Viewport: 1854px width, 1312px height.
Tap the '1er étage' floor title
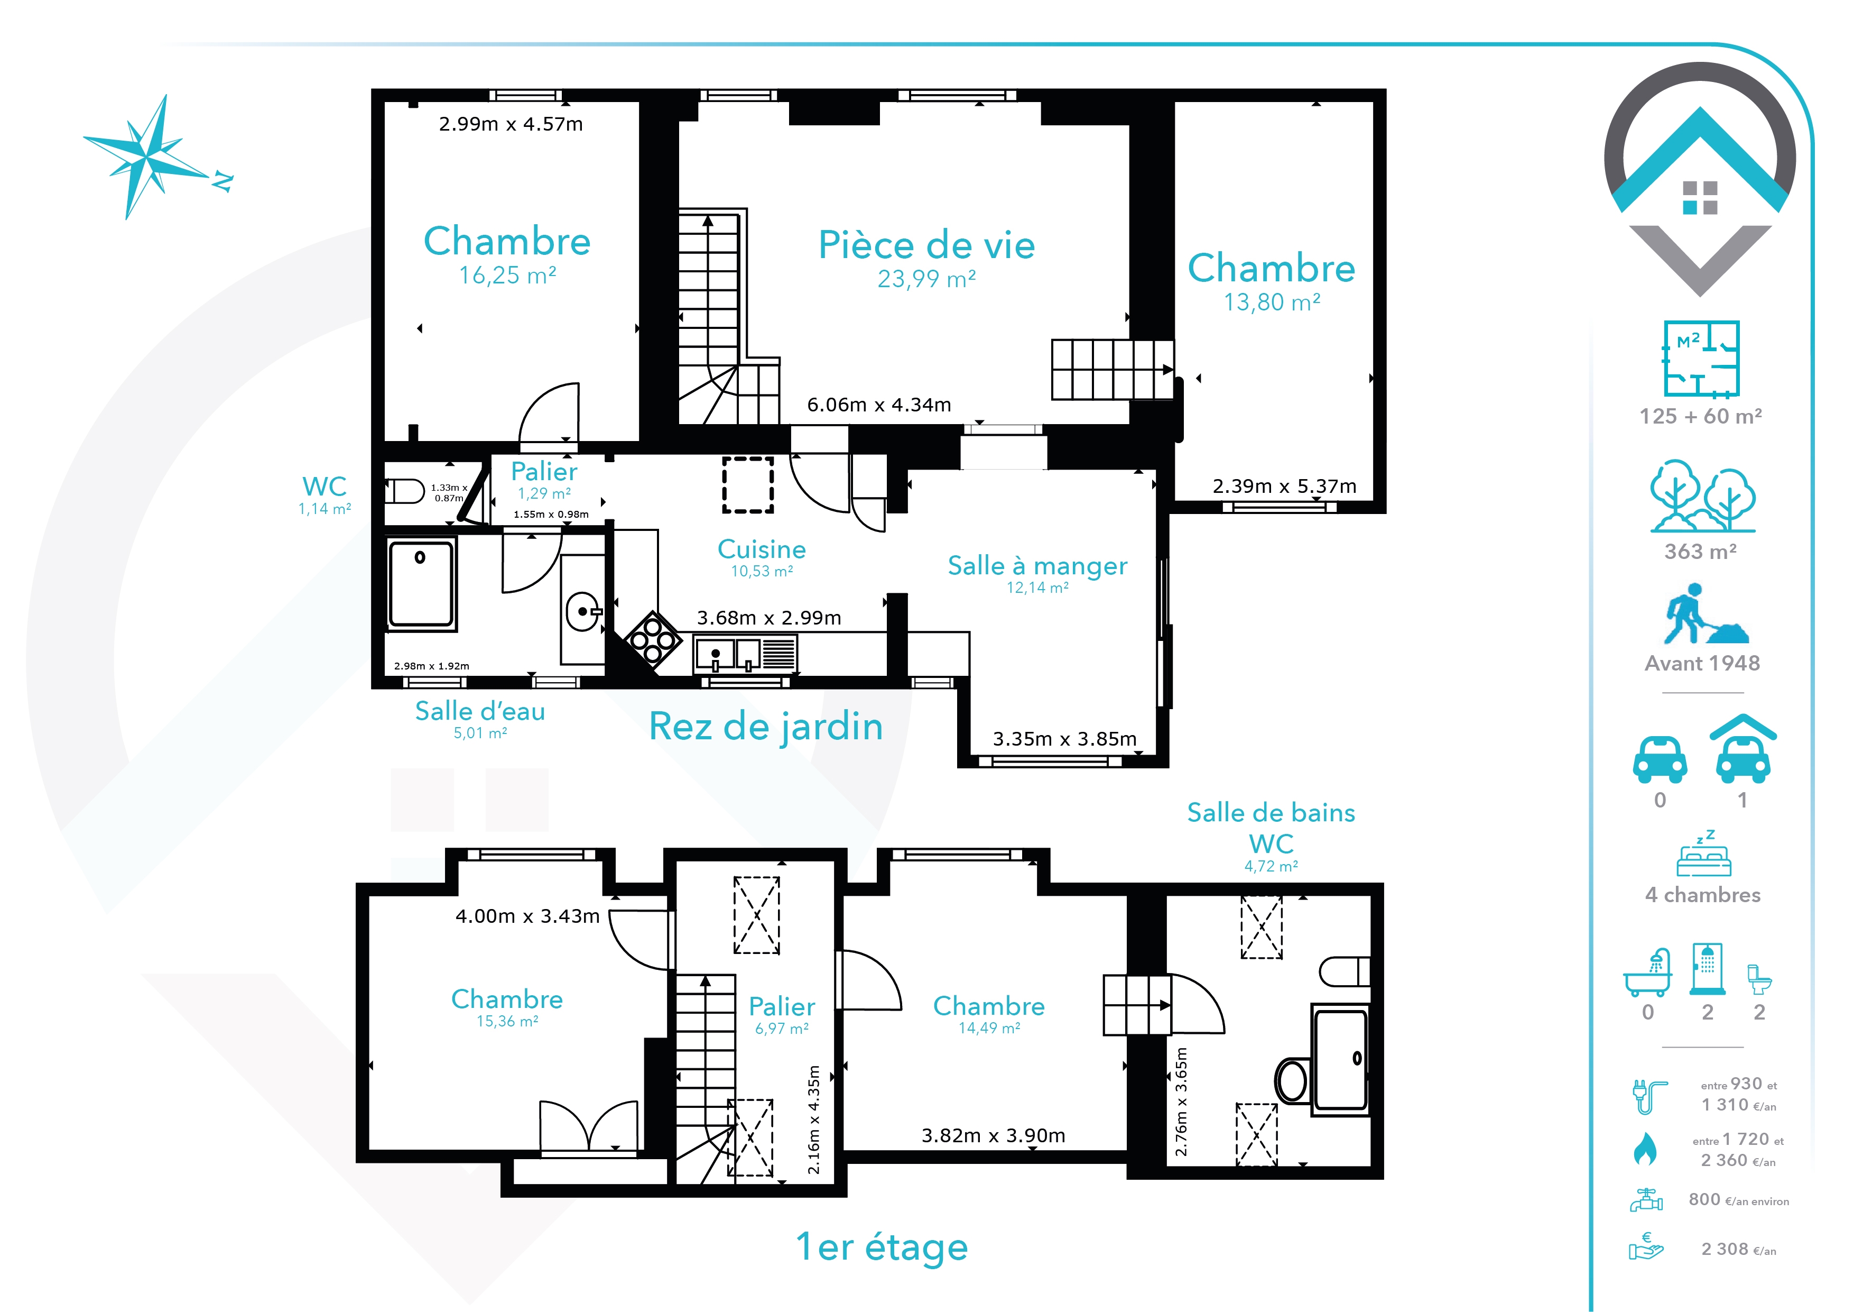pos(882,1246)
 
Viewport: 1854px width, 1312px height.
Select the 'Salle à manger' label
pos(1037,565)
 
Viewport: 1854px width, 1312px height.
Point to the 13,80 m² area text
pos(1272,302)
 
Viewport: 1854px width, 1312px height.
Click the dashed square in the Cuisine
pos(748,485)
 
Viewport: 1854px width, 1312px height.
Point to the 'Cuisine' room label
pos(762,549)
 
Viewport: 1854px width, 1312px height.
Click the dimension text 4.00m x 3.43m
pos(527,916)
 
